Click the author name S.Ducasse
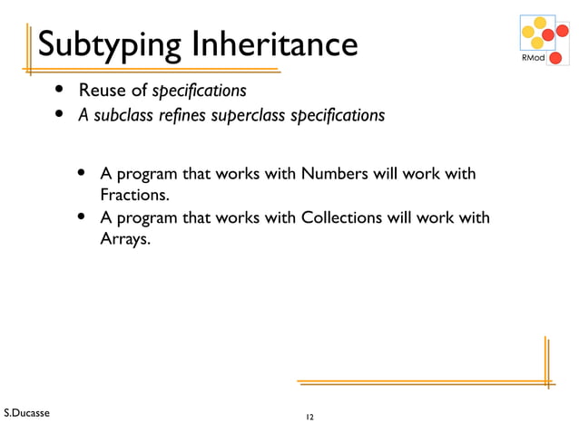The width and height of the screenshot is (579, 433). (27, 413)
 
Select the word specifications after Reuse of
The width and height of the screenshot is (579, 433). (199, 91)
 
